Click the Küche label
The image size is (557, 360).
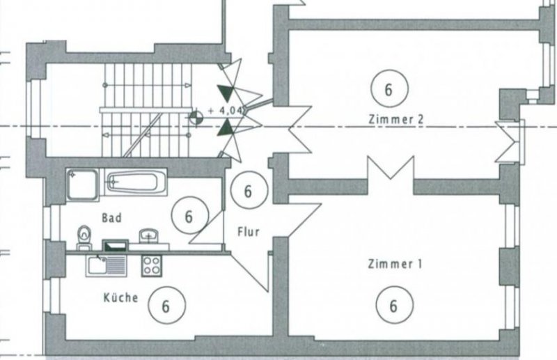120,297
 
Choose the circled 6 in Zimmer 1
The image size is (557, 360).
393,305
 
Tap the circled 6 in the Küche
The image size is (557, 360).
165,306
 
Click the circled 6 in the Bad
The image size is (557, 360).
189,216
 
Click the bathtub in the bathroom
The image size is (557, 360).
136,184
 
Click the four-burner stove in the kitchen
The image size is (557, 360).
152,265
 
